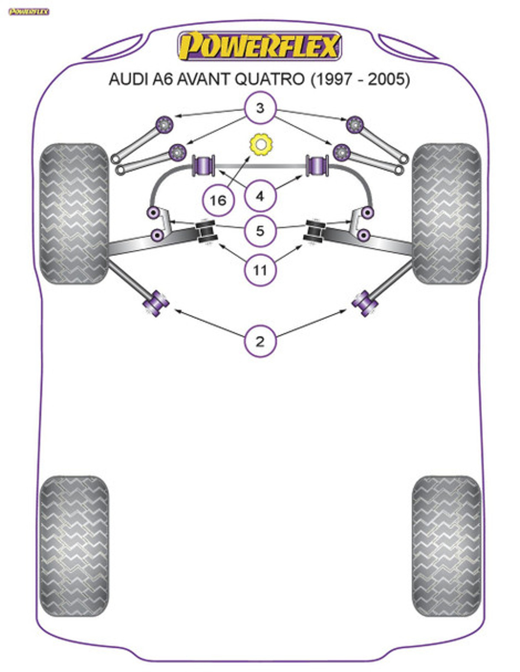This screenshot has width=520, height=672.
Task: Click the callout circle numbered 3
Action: (260, 108)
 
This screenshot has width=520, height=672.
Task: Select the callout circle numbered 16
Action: (218, 200)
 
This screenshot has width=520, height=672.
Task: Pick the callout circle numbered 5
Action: (260, 231)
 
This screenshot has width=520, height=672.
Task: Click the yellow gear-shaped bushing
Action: (260, 144)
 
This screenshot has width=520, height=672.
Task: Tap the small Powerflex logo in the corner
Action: (29, 12)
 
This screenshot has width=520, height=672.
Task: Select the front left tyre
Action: (74, 214)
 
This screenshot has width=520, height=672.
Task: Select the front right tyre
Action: (446, 214)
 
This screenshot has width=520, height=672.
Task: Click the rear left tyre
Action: (74, 546)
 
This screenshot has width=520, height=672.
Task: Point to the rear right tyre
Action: (446, 546)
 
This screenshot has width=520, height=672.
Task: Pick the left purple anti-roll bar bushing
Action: (204, 165)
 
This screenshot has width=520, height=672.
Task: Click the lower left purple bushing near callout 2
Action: (157, 302)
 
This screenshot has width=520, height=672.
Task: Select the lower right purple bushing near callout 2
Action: (363, 302)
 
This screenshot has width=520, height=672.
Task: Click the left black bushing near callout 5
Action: (206, 232)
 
